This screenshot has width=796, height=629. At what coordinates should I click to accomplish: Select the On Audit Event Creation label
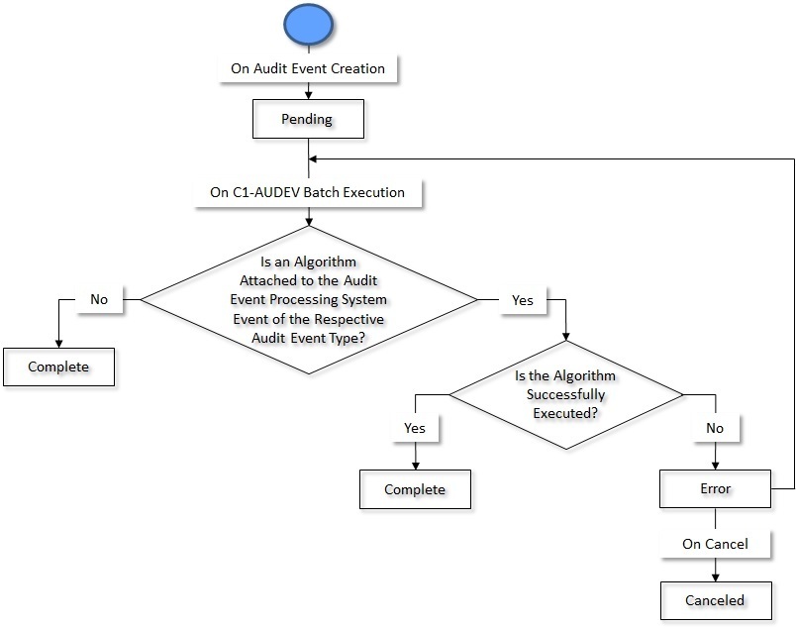[x=308, y=69]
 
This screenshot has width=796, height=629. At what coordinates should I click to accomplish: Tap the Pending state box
[x=309, y=119]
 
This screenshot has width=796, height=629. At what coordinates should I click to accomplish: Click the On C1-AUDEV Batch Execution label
[x=308, y=192]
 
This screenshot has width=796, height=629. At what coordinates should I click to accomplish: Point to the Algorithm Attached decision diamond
[x=308, y=299]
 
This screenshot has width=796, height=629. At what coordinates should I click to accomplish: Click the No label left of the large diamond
[x=99, y=298]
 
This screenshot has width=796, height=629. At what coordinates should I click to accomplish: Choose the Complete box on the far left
[x=58, y=367]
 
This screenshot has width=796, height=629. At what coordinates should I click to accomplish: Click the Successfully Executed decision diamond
[x=565, y=394]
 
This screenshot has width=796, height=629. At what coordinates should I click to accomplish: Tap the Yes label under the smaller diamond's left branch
[x=414, y=428]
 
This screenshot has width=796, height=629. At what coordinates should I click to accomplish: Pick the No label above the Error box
[x=715, y=428]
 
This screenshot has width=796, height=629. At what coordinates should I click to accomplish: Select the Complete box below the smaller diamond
[x=415, y=489]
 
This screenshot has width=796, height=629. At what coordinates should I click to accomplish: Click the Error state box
[x=715, y=488]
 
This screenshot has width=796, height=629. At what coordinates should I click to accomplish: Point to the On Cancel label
[x=715, y=544]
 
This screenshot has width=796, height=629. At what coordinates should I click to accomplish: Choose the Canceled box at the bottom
[x=715, y=600]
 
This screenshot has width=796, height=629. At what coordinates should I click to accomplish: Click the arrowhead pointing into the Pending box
[x=309, y=97]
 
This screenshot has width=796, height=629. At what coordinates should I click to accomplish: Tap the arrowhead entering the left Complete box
[x=58, y=342]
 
